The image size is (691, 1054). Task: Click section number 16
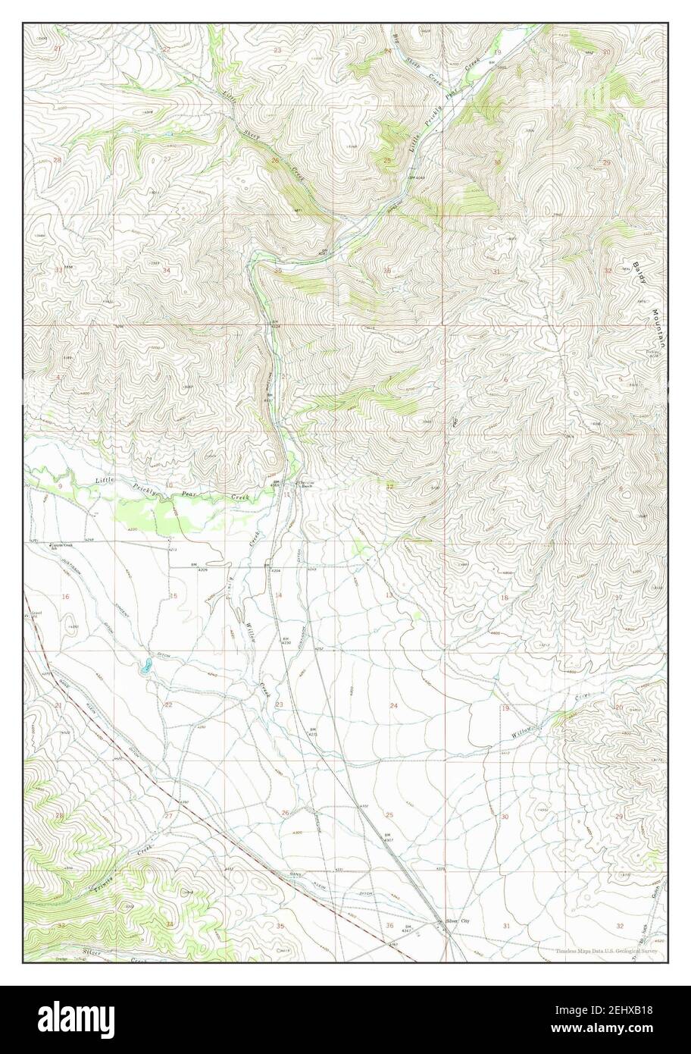pyautogui.click(x=65, y=597)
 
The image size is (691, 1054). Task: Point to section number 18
pyautogui.click(x=505, y=598)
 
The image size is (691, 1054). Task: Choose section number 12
pyautogui.click(x=389, y=486)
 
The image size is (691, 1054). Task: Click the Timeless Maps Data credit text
pyautogui.click(x=606, y=951)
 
